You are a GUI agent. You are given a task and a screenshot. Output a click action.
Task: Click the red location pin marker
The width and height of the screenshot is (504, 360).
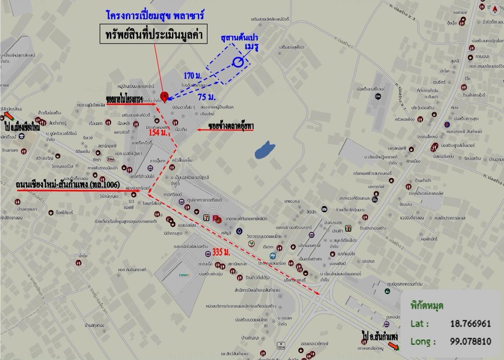pyautogui.click(x=164, y=96)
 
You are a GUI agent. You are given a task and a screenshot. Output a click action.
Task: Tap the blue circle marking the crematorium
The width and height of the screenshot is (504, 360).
pyautogui.click(x=238, y=62)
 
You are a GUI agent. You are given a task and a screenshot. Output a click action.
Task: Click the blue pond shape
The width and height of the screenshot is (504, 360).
pyautogui.click(x=264, y=150)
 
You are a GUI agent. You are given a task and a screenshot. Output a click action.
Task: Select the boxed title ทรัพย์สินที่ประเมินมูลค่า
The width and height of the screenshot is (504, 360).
pyautogui.click(x=154, y=35)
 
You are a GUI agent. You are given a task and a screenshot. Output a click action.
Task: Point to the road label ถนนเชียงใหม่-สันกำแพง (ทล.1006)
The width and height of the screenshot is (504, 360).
pyautogui.click(x=68, y=184)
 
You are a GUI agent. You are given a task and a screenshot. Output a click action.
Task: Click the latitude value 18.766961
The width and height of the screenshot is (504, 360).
pyautogui.click(x=470, y=324)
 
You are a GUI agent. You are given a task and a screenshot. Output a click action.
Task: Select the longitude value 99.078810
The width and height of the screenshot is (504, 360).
pyautogui.click(x=470, y=342)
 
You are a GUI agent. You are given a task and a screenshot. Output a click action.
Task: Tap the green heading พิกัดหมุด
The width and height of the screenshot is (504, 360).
pyautogui.click(x=426, y=306)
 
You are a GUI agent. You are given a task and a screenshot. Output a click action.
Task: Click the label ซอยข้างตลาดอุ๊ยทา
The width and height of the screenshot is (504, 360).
pyautogui.click(x=231, y=126)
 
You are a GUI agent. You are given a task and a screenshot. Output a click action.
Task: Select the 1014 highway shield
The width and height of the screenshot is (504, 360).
pyautogui.click(x=281, y=345)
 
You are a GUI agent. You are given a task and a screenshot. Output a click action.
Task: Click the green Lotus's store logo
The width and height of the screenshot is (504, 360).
pyautogui.click(x=184, y=275)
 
